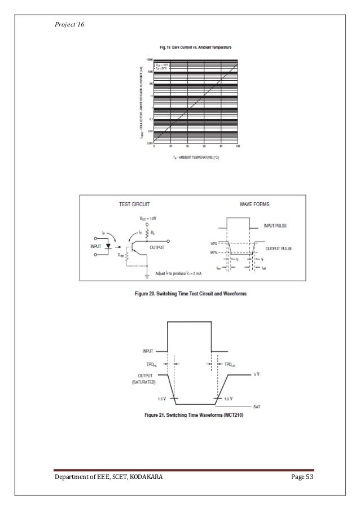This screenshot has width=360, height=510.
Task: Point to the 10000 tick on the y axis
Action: pyautogui.click(x=150, y=59)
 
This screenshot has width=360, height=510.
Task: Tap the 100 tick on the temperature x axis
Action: pyautogui.click(x=238, y=146)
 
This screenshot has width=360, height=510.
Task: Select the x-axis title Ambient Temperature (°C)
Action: pyautogui.click(x=195, y=157)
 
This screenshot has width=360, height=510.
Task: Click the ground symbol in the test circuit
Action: pyautogui.click(x=147, y=275)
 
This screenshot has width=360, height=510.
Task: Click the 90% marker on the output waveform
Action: pyautogui.click(x=214, y=251)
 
